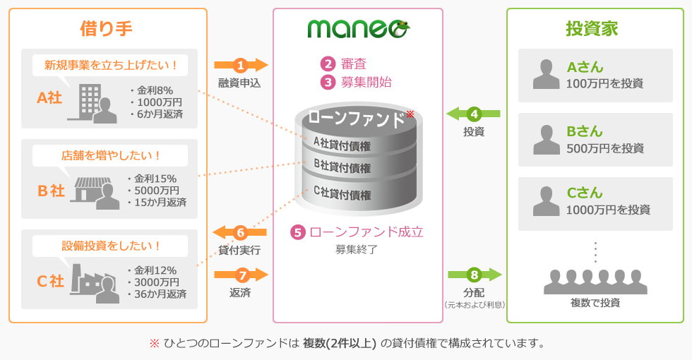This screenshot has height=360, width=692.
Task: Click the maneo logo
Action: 358,28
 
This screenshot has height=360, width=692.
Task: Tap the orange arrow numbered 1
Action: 241,66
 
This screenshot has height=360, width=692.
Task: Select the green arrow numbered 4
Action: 473,114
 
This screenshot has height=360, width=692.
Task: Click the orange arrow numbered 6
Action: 240,232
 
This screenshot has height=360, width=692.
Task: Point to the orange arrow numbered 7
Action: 241,275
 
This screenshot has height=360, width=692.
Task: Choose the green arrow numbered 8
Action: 474,275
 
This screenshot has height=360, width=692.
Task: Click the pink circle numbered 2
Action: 327,64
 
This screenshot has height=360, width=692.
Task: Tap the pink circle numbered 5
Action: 298,232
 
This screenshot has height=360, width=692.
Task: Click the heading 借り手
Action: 107,28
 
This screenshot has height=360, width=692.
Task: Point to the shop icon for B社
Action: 96,191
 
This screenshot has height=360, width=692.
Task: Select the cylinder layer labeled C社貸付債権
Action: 342,194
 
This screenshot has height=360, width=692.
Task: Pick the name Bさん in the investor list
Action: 585,132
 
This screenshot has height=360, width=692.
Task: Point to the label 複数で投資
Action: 595,303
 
